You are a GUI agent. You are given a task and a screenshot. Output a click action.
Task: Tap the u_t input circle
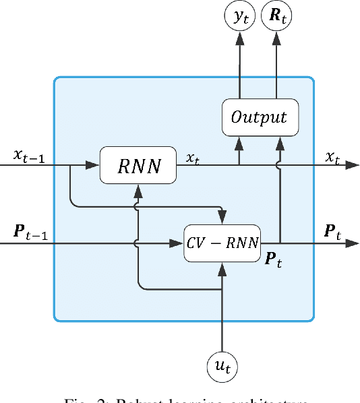pos(222,368)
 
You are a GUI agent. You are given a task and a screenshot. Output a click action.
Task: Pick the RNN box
pos(138,164)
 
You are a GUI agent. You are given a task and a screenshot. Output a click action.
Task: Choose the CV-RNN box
pos(222,243)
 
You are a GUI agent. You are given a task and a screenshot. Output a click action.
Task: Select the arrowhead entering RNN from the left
pos(94,164)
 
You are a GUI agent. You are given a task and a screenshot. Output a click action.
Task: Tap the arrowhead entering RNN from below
pos(138,188)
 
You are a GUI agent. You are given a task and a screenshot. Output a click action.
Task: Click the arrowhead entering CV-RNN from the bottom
pos(222,268)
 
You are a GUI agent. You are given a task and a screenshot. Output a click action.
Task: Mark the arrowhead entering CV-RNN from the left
pos(179,243)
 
